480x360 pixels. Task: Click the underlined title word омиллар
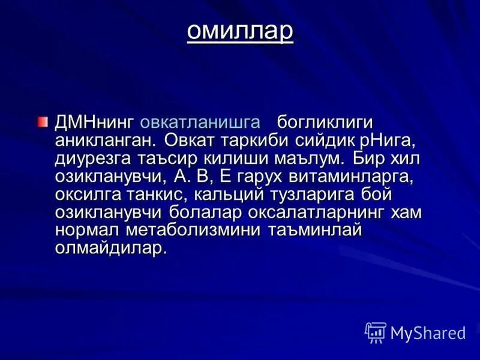pos(239,31)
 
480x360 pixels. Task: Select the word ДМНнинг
pos(94,122)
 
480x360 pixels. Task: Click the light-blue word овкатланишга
pos(200,122)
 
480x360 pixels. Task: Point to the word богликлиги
pos(325,122)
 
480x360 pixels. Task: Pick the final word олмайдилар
pos(110,248)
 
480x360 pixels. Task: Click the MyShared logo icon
pos(376,332)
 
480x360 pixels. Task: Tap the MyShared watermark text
pos(428,333)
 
